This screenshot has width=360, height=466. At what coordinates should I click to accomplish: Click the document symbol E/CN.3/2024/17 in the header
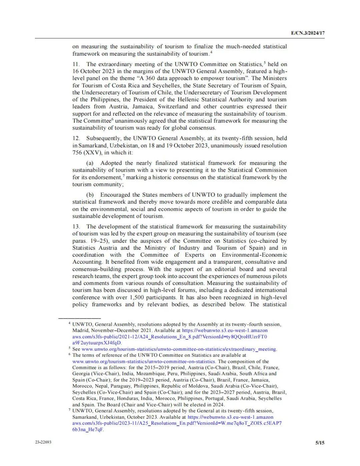[x=308, y=33]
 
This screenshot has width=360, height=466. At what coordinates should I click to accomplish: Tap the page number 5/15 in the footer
[x=320, y=443]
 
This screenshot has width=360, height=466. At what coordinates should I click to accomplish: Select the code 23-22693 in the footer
[x=43, y=442]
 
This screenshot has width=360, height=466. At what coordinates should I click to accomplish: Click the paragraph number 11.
[x=76, y=64]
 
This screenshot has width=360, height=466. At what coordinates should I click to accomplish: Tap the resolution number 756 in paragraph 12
[x=77, y=153]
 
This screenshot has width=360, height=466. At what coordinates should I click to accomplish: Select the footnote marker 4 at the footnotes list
[x=69, y=324]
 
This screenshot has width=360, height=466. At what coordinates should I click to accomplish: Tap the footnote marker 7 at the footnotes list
[x=69, y=410]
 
